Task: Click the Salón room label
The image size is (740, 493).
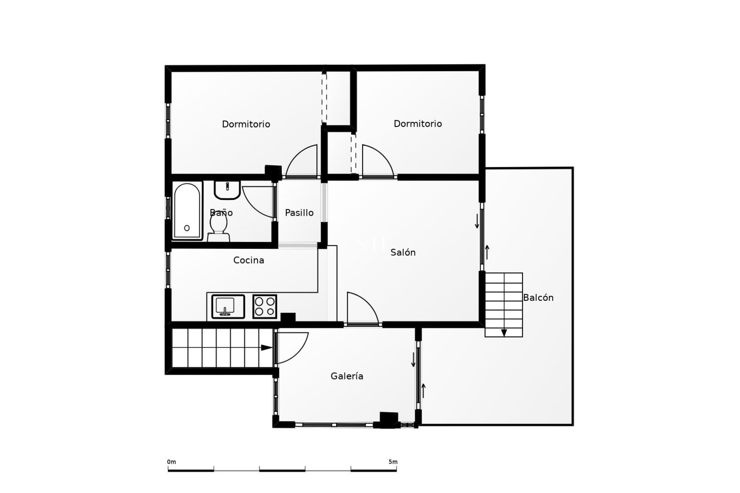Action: [403, 253]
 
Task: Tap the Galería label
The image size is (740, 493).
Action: [347, 376]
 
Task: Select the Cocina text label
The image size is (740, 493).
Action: [249, 260]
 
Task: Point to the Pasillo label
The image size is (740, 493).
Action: [299, 213]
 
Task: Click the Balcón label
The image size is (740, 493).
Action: [538, 298]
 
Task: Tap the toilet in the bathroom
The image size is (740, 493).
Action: [219, 227]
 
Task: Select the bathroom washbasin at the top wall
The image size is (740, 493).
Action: [227, 189]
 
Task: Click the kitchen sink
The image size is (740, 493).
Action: [228, 307]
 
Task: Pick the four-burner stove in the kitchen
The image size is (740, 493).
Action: [265, 307]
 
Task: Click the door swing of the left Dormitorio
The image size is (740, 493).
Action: [303, 162]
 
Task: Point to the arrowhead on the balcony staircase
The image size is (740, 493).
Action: [504, 333]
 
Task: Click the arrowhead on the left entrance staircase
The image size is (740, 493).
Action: [266, 347]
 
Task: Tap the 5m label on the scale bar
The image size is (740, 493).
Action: [393, 462]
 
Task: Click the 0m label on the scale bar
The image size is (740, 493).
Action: [172, 462]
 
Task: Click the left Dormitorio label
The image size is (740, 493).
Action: [246, 124]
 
